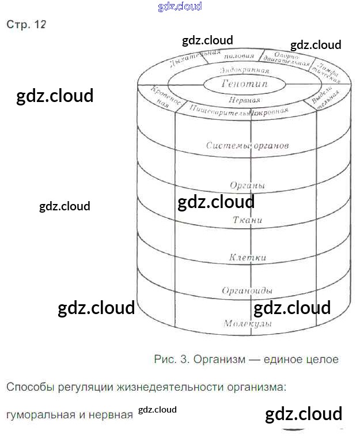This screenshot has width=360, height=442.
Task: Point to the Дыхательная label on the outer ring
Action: pos(195,59)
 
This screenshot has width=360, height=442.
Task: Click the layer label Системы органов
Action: pos(247,146)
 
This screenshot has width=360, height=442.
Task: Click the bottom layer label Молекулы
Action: pos(247,324)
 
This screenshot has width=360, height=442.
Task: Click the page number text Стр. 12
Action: pos(26,25)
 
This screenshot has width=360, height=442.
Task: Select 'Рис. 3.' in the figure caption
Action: pos(172,360)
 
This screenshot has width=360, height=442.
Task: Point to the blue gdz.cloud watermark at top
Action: pos(180,6)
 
